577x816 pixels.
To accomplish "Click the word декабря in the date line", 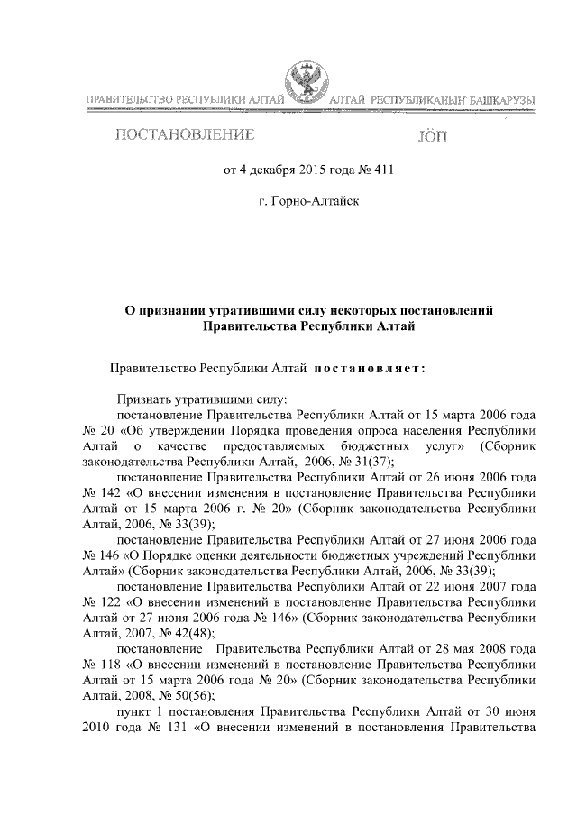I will click(273, 170).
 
